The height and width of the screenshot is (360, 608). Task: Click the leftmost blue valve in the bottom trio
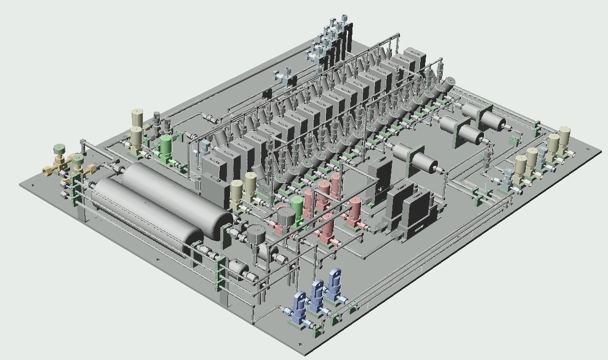[299, 304]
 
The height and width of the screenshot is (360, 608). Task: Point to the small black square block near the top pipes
[267, 94]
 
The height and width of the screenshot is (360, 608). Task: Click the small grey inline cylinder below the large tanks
[239, 269]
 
